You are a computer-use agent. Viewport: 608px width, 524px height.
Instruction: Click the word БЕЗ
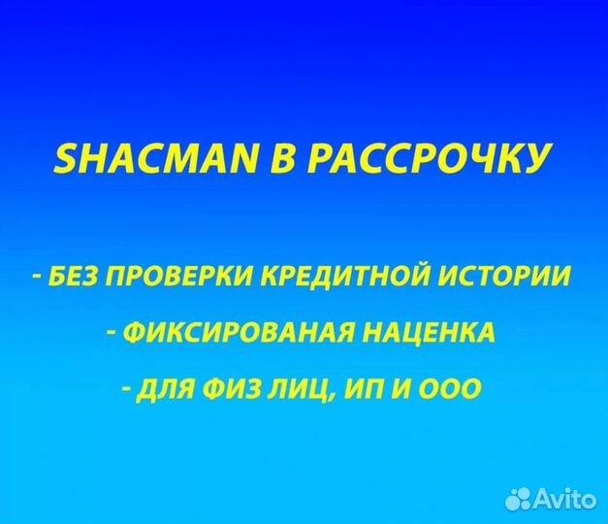tap(71, 278)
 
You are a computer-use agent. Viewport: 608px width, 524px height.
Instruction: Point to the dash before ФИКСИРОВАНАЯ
tap(113, 334)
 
